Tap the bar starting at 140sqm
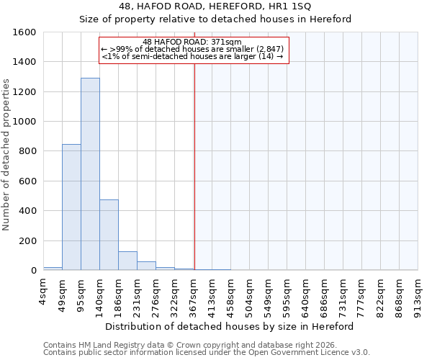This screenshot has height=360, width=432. click(109, 235)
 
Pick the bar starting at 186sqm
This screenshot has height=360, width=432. click(127, 261)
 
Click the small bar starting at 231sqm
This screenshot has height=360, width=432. click(146, 266)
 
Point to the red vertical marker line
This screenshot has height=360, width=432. click(194, 166)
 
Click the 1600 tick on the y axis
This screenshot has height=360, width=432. click(24, 32)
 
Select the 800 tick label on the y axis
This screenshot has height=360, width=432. click(27, 152)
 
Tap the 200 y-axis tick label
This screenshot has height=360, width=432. click(27, 241)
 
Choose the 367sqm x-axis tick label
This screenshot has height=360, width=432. click(194, 295)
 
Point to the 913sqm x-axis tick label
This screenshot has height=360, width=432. click(418, 295)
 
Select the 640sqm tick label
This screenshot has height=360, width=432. click(306, 295)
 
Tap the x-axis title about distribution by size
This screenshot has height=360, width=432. click(230, 326)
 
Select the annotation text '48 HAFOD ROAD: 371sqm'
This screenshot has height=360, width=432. click(192, 42)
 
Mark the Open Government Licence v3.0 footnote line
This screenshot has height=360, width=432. click(207, 353)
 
